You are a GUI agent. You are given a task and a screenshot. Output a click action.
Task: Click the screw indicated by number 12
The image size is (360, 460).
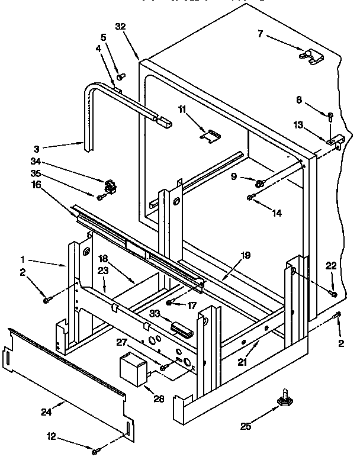[94, 453]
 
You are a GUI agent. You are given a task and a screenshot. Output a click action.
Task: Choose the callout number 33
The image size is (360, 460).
[155, 314]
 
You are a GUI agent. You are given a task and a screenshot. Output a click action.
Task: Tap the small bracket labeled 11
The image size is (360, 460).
[210, 136]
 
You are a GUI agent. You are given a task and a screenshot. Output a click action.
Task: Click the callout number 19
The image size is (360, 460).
[246, 255]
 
